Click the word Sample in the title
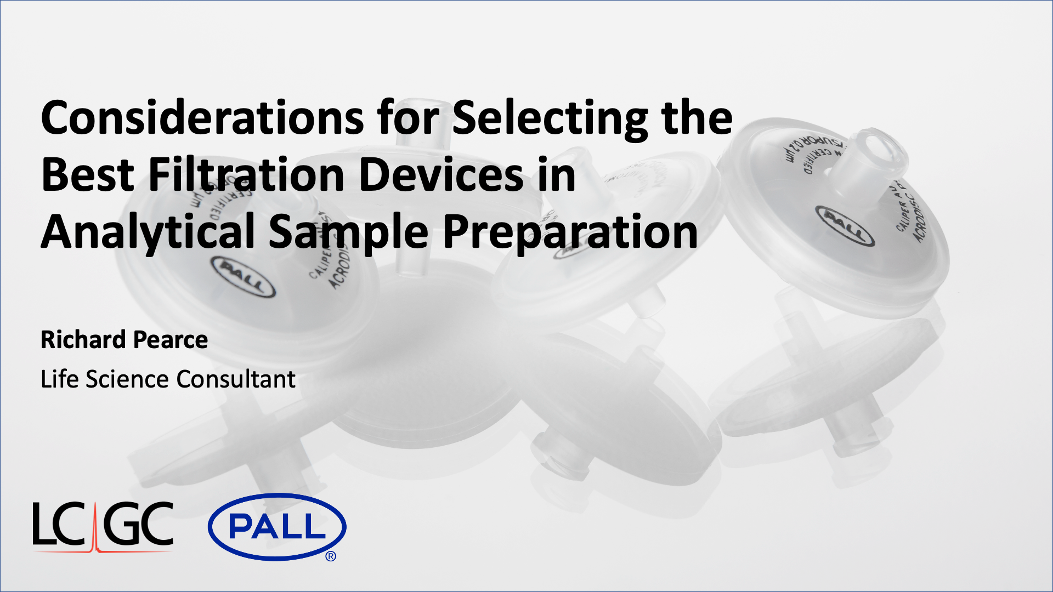[x=348, y=232]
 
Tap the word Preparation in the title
[x=570, y=232]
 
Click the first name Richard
[x=83, y=340]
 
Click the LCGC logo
[x=103, y=526]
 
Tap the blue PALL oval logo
[x=277, y=527]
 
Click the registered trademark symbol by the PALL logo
[x=331, y=556]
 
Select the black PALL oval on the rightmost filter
[x=845, y=225]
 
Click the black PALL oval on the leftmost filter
[x=244, y=277]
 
